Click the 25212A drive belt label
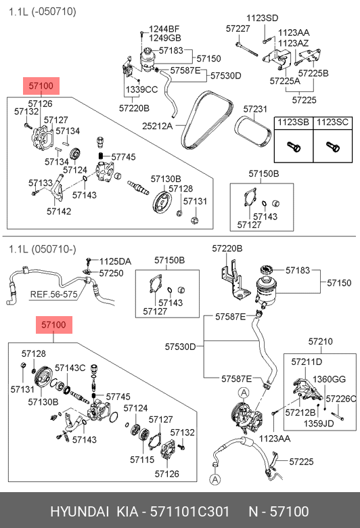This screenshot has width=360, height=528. (x=157, y=126)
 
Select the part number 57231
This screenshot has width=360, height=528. (x=255, y=109)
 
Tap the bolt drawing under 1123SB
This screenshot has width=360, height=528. (x=294, y=146)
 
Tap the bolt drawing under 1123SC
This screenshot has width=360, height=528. (x=333, y=146)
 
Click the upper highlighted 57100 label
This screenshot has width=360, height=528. (x=41, y=86)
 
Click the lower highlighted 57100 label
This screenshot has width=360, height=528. (x=54, y=325)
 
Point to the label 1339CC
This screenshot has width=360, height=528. (x=141, y=89)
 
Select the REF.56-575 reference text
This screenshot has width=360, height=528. (x=54, y=294)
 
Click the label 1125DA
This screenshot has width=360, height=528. (x=115, y=262)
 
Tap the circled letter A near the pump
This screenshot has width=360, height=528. (x=244, y=393)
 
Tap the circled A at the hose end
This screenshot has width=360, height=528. (x=215, y=479)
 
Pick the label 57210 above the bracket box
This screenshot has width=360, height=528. (x=320, y=341)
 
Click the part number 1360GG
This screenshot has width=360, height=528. (x=329, y=379)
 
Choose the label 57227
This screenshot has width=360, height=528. (x=238, y=28)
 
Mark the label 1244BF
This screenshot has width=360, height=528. (x=164, y=29)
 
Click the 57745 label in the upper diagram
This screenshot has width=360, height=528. (x=123, y=157)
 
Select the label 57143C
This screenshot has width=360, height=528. (x=70, y=368)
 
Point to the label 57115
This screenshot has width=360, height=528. (x=142, y=460)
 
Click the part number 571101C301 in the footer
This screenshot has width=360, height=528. (x=189, y=512)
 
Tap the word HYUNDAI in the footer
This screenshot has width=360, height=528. (x=79, y=512)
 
